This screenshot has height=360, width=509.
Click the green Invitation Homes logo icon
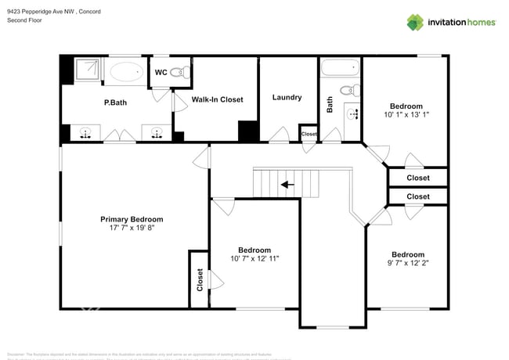tap(414, 22)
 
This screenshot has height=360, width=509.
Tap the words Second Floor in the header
tap(23, 20)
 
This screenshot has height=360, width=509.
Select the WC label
tap(161, 73)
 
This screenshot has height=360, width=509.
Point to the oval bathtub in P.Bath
tap(126, 73)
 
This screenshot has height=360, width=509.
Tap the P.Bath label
tap(116, 103)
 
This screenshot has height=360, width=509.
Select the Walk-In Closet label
tap(217, 99)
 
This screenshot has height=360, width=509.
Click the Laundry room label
tap(287, 97)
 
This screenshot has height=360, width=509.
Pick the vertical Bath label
tap(330, 104)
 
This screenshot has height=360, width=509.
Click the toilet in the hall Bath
tap(353, 89)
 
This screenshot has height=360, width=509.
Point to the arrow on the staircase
tap(288, 185)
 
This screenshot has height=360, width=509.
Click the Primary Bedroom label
tap(132, 219)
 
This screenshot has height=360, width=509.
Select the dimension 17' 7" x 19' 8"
tap(132, 229)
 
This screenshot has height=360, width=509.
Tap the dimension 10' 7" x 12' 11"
tap(254, 258)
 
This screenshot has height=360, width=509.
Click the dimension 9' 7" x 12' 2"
tap(407, 263)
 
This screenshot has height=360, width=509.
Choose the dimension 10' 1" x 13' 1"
tap(406, 115)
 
